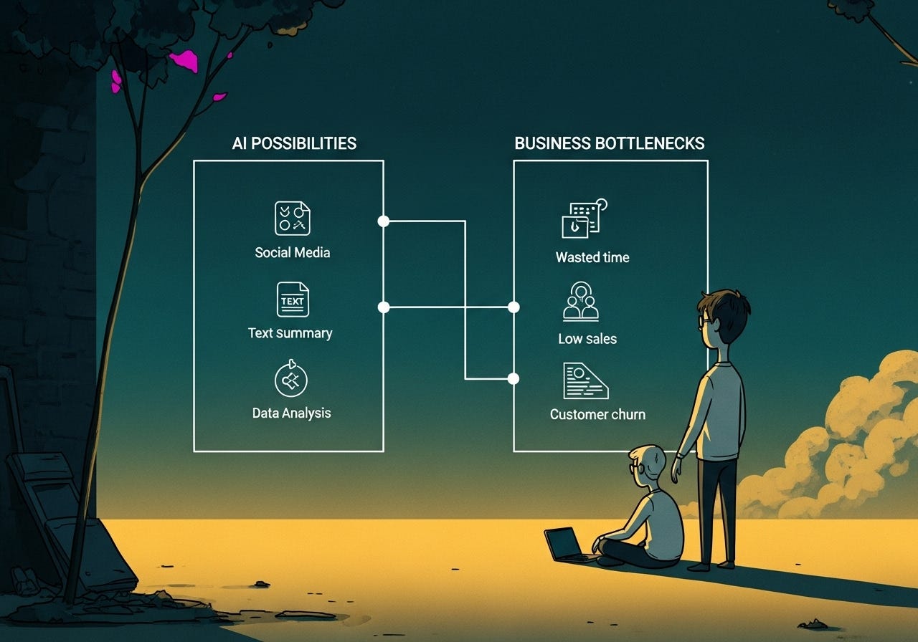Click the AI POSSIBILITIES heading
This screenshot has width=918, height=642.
click(294, 143)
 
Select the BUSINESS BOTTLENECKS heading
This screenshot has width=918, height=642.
click(610, 143)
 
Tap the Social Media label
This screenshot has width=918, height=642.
click(293, 252)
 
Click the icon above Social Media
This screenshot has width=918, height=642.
click(293, 219)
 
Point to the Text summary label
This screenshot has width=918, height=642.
click(290, 333)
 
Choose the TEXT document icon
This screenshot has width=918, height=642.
click(293, 300)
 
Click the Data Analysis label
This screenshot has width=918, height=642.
click(292, 413)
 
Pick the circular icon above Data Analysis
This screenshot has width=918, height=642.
click(291, 380)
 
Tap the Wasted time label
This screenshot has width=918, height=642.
click(592, 257)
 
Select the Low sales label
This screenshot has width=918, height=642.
click(587, 339)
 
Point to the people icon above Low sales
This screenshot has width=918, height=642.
click(581, 302)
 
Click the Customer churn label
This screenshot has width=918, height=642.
click(597, 414)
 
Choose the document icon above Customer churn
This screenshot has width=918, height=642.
click(585, 380)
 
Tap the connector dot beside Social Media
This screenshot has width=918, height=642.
click(384, 221)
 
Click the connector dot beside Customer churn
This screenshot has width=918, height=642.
click(514, 378)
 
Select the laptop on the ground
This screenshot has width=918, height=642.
click(564, 545)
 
